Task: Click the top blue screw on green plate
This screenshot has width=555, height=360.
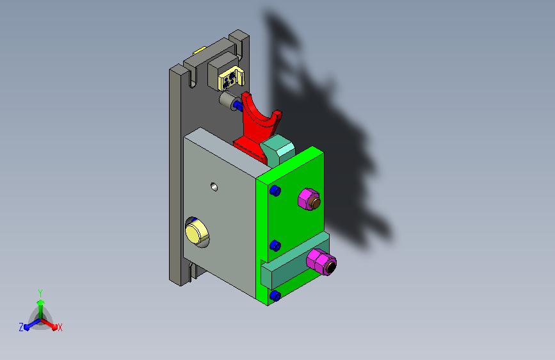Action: (275, 191)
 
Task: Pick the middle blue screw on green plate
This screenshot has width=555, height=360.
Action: (275, 245)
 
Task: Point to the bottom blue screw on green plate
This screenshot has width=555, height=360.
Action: (275, 295)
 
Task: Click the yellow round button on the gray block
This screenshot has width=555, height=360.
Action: (197, 232)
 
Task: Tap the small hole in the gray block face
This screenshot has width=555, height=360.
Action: (214, 187)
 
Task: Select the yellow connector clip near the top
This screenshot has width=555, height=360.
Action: (232, 79)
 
